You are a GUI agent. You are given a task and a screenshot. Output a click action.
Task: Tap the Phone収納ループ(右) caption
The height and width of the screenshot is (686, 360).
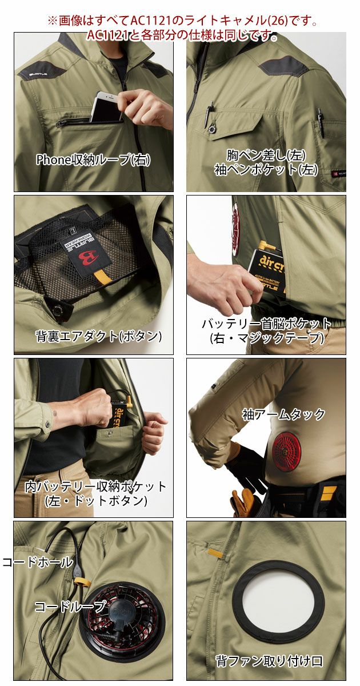click(93, 160)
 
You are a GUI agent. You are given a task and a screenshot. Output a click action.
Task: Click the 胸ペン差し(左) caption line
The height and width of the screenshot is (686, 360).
click(266, 155)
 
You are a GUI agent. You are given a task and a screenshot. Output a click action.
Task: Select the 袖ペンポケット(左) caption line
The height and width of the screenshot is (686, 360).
click(266, 169)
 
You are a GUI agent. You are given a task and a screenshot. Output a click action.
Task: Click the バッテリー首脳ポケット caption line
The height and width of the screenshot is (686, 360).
click(266, 324)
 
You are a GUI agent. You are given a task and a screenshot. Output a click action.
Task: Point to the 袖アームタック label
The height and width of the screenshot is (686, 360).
click(283, 414)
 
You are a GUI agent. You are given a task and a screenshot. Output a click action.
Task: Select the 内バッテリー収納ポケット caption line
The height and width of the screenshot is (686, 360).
click(95, 486)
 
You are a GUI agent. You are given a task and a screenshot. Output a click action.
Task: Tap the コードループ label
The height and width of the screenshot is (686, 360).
click(70, 606)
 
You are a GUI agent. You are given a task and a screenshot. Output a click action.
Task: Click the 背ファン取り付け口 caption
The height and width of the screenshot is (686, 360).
click(269, 661)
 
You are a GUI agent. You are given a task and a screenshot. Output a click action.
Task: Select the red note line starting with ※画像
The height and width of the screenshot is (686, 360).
click(182, 22)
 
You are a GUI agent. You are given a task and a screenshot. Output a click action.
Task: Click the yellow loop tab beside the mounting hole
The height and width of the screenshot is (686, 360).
click(217, 553)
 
